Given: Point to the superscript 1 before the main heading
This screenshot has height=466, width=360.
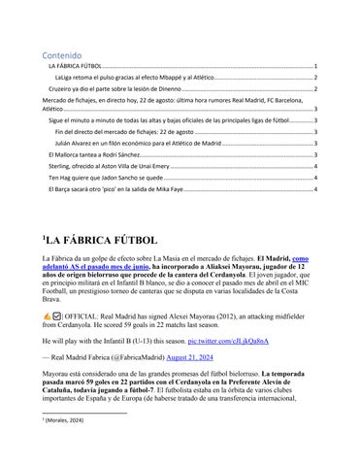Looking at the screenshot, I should (42, 234).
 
